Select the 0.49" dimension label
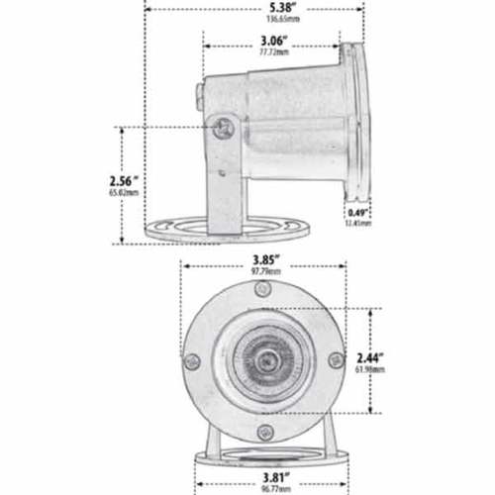(x=358, y=212)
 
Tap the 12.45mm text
(x=358, y=223)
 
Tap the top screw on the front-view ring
(x=261, y=290)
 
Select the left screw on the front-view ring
(x=193, y=361)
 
